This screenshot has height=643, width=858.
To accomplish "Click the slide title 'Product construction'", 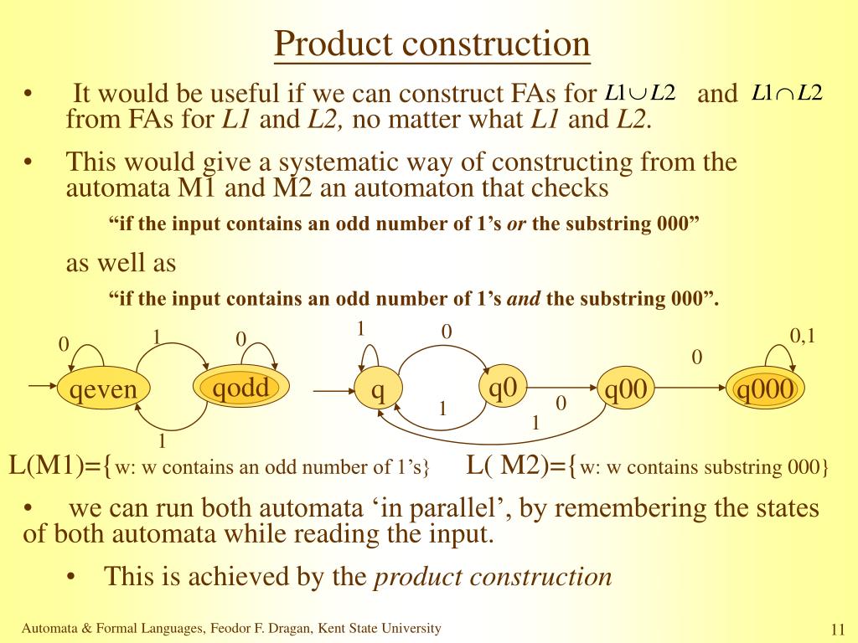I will [432, 44].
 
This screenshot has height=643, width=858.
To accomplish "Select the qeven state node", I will [103, 390].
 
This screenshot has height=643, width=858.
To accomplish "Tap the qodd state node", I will [241, 388].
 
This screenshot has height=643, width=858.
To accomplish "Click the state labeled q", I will [378, 390].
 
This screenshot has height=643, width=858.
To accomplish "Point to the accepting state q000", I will [765, 390].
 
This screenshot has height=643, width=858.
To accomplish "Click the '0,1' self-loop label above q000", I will [803, 336].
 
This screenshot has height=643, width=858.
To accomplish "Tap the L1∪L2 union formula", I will [641, 93].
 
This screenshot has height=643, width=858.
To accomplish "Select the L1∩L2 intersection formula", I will [788, 93].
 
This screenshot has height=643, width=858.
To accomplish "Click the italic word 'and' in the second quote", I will [525, 298].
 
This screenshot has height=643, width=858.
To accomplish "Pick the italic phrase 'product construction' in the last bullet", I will [493, 577].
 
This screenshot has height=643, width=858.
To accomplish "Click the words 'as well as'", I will [121, 263].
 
